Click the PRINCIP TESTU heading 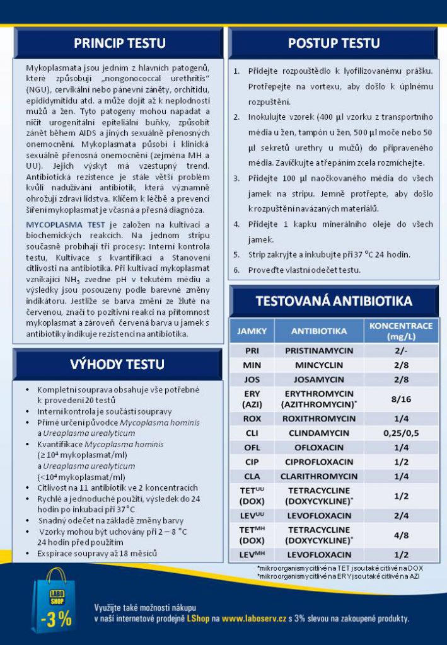[119, 43]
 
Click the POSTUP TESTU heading [334, 43]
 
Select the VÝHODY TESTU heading [119, 364]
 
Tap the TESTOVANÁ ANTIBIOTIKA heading [334, 301]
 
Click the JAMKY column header [252, 331]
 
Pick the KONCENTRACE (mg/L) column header [400, 331]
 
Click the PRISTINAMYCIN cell [319, 350]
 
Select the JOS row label [252, 379]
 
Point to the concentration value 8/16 [401, 399]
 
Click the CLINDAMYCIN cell [319, 433]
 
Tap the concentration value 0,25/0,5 [401, 433]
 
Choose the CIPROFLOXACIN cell [319, 462]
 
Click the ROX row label [252, 418]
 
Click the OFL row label [252, 447]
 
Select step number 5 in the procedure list [236, 254]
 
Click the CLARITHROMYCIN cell [319, 477]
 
